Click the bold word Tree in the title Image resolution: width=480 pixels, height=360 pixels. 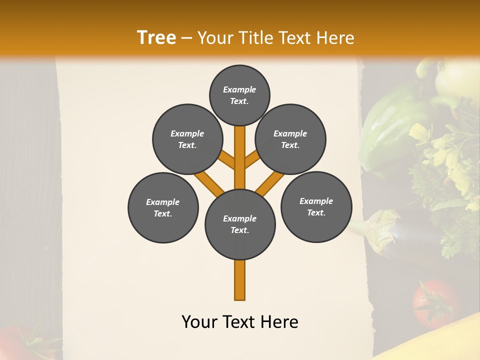click(x=156, y=38)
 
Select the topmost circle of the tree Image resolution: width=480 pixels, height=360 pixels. click(x=239, y=95)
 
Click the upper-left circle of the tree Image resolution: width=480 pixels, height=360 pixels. click(x=187, y=139)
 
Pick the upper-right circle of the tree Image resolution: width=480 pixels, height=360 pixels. click(x=290, y=139)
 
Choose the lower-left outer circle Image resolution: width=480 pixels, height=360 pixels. click(x=163, y=207)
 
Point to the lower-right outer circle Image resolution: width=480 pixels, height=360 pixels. click(x=316, y=206)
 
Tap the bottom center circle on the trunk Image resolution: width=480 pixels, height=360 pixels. click(x=240, y=224)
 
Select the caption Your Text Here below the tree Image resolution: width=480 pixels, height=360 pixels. click(x=240, y=322)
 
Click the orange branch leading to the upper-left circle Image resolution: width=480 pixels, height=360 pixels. click(x=226, y=159)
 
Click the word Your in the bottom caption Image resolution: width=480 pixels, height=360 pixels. click(x=199, y=322)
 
